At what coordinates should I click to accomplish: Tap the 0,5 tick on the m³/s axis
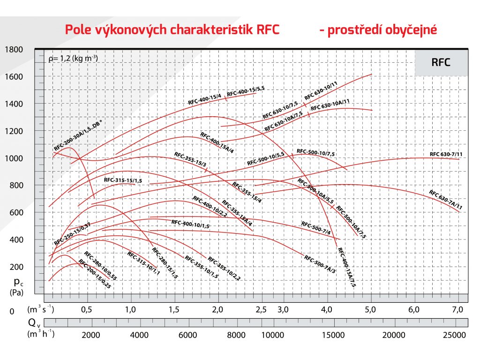pyautogui.click(x=86, y=309)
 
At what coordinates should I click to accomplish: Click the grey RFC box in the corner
pyautogui.click(x=441, y=62)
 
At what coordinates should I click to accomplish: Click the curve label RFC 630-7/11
pyautogui.click(x=446, y=154)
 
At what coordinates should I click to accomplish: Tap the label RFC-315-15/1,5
pyautogui.click(x=123, y=180)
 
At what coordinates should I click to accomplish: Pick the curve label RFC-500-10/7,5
pyautogui.click(x=316, y=152)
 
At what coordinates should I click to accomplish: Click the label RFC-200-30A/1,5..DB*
pyautogui.click(x=78, y=135)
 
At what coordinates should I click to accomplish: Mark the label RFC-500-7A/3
pyautogui.click(x=320, y=264)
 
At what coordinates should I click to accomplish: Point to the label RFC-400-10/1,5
pyautogui.click(x=190, y=224)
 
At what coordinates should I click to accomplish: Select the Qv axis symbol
pyautogui.click(x=32, y=322)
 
